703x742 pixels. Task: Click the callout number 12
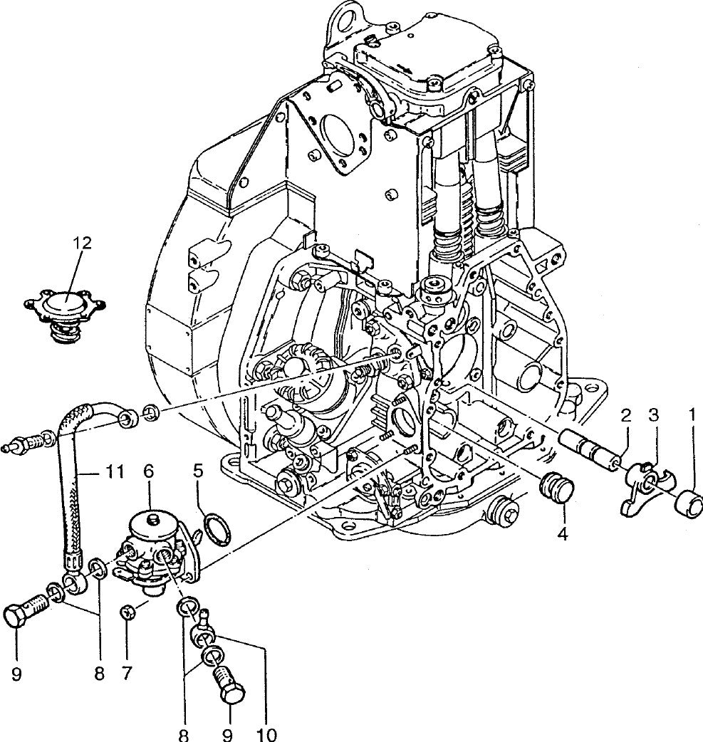(x=82, y=243)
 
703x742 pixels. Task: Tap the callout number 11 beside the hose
(x=115, y=471)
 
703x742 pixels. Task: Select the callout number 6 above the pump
(x=148, y=471)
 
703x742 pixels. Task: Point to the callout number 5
(x=199, y=471)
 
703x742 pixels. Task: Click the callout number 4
(x=562, y=532)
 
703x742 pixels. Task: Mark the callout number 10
(x=267, y=733)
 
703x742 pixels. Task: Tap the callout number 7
(x=127, y=672)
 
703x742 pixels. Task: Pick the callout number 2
(x=625, y=415)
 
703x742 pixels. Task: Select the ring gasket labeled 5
(x=217, y=529)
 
